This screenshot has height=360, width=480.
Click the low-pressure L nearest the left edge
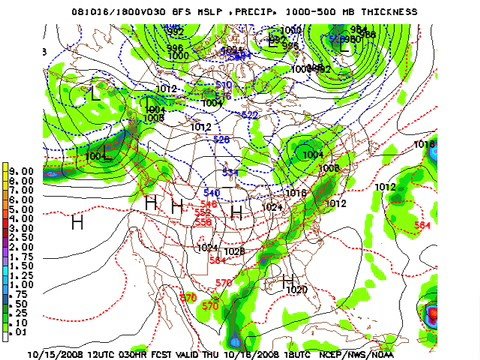click(95, 94)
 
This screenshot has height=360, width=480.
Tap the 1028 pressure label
click(234, 251)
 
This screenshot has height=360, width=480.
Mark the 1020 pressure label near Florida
click(297, 290)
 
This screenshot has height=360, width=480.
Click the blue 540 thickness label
click(211, 192)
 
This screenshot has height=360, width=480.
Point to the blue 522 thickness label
click(248, 116)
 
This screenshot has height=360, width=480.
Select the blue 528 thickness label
click(222, 140)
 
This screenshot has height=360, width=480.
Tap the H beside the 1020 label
click(288, 281)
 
